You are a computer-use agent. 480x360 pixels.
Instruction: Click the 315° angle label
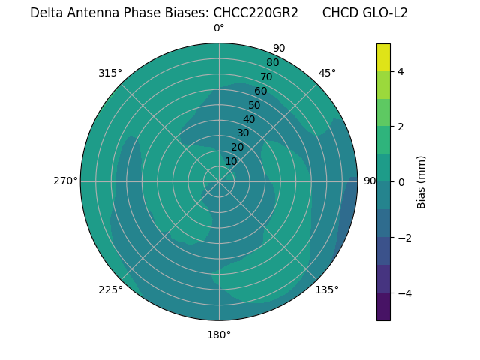[110, 73]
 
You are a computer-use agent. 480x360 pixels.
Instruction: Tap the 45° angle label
[327, 73]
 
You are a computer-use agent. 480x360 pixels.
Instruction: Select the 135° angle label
[327, 289]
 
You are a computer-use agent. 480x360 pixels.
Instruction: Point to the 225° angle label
[110, 289]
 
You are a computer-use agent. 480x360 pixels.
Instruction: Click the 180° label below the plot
[219, 334]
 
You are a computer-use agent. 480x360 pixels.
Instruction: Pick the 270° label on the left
[65, 181]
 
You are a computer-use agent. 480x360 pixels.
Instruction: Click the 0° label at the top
[219, 28]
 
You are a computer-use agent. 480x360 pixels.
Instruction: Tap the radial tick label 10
[231, 161]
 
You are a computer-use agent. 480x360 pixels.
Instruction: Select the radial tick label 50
[255, 106]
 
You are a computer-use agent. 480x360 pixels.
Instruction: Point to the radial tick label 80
[272, 63]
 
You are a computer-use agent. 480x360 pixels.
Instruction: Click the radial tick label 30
[243, 133]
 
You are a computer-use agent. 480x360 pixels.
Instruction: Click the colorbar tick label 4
[401, 71]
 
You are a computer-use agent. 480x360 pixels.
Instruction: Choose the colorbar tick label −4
[403, 292]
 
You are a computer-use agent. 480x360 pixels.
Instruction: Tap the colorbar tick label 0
[401, 182]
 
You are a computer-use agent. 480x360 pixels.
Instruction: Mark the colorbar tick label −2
[403, 238]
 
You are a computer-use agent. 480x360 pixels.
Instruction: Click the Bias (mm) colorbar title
[421, 182]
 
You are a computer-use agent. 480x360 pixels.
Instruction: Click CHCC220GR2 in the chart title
[256, 13]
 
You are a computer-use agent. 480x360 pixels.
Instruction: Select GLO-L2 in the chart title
[385, 13]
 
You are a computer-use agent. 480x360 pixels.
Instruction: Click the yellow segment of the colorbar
[383, 58]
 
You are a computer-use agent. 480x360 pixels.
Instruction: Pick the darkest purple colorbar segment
[383, 306]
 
